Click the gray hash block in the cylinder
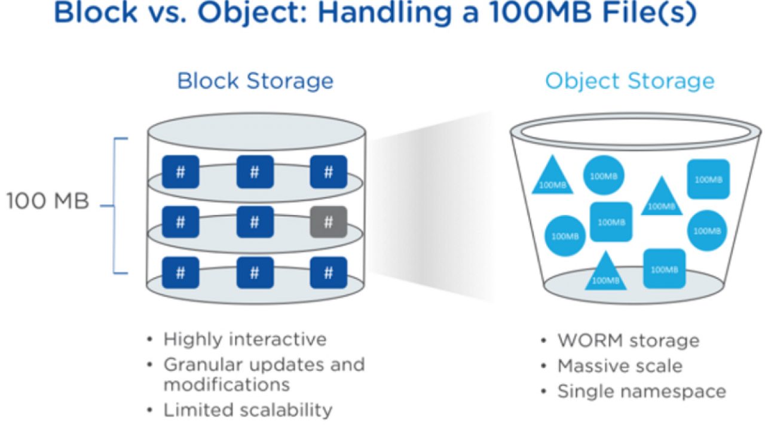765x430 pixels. pyautogui.click(x=328, y=222)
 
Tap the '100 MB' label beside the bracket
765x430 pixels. pyautogui.click(x=48, y=201)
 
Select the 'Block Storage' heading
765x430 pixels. pyautogui.click(x=255, y=81)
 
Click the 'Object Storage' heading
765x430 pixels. pyautogui.click(x=630, y=82)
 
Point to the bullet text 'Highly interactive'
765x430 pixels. pyautogui.click(x=245, y=339)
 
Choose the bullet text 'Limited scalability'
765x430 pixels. pyautogui.click(x=248, y=410)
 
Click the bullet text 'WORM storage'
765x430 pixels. pyautogui.click(x=628, y=340)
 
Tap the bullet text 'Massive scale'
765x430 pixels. pyautogui.click(x=620, y=366)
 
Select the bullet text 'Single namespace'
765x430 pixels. pyautogui.click(x=642, y=391)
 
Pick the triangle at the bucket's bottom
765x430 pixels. pyautogui.click(x=605, y=271)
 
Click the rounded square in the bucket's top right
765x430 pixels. pyautogui.click(x=708, y=179)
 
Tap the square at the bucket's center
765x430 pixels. pyautogui.click(x=611, y=222)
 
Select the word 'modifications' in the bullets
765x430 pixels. pyautogui.click(x=227, y=385)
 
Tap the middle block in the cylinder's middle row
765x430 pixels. pyautogui.click(x=255, y=222)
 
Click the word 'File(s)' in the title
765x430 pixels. pyautogui.click(x=649, y=13)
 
